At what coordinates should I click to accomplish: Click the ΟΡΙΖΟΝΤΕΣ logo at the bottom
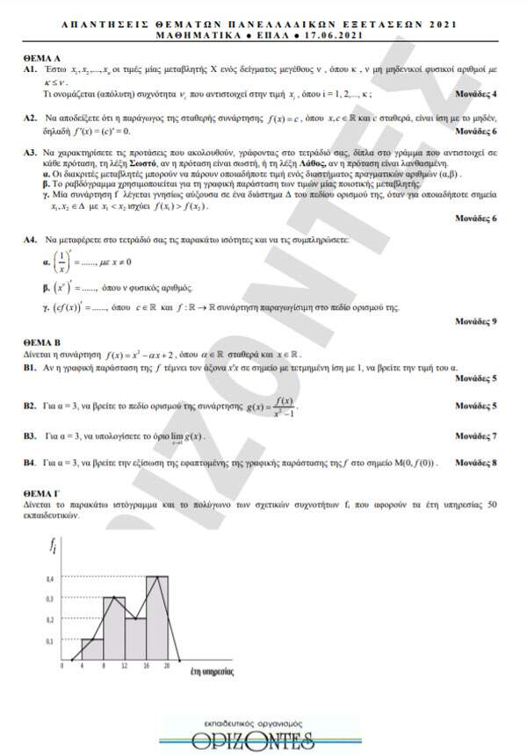[263, 732]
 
